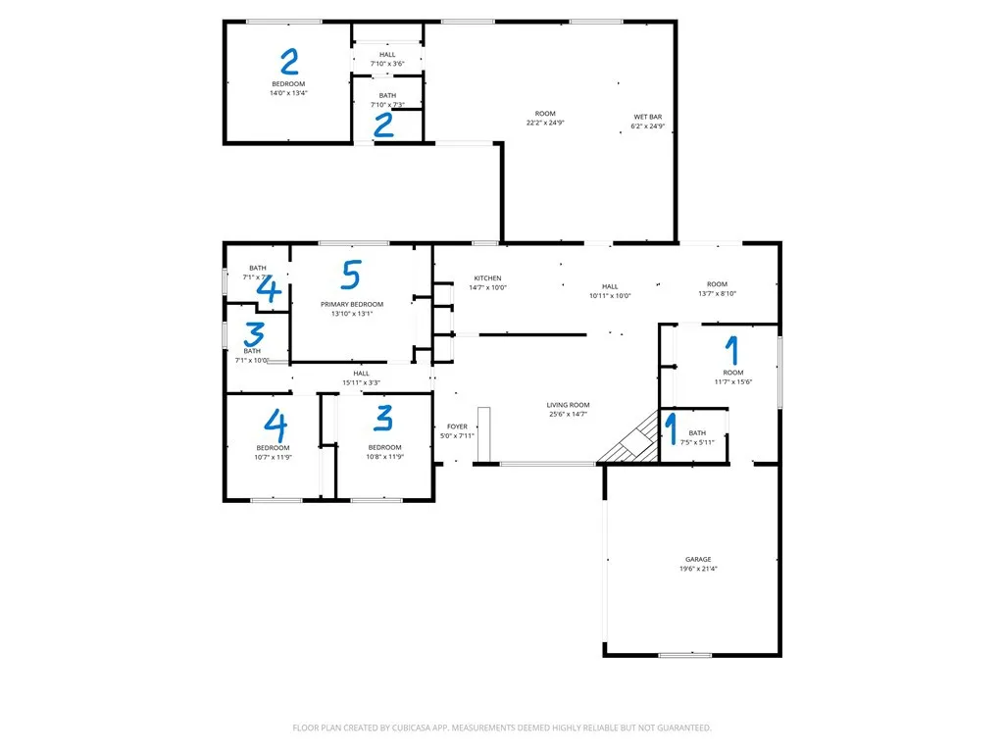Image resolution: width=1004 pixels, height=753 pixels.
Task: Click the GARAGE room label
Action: point(698,560)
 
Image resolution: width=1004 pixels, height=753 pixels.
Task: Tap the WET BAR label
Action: point(647,117)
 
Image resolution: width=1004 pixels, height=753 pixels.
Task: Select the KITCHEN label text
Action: point(487,278)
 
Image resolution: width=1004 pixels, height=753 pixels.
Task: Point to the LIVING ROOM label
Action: point(568,405)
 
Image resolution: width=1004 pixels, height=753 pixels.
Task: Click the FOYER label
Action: point(457,427)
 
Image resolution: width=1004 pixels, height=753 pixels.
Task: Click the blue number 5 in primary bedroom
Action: point(351,275)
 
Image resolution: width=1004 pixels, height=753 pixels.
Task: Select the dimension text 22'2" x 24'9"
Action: point(545,124)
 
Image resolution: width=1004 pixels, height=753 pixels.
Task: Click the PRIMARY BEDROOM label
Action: point(352,305)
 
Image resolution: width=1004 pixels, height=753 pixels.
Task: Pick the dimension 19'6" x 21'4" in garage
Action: point(698,569)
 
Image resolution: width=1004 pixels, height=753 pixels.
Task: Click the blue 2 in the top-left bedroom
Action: point(288,62)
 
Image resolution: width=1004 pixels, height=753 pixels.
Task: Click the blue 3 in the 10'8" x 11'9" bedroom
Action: point(383,419)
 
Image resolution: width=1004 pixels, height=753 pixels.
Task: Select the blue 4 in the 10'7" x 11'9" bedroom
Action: point(276,424)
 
